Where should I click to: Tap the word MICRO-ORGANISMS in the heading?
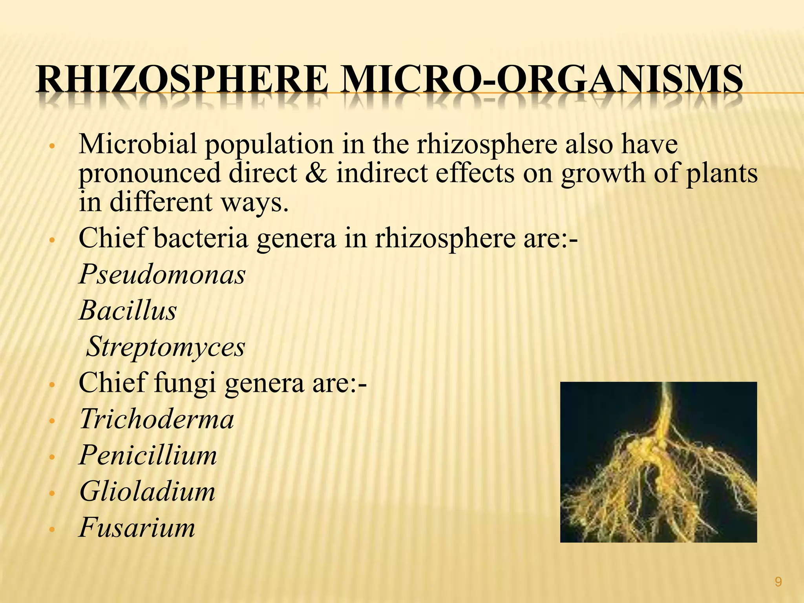pos(541,80)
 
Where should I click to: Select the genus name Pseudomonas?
pos(162,274)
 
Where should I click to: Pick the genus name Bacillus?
pos(128,311)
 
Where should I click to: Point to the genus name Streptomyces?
pos(165,347)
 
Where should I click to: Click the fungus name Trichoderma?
pos(157,419)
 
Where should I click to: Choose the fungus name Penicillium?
pos(148,455)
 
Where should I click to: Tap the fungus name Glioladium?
pos(147,492)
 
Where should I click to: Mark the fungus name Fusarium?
pos(137,528)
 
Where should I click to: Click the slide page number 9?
pos(778,582)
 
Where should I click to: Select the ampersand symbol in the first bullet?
pos(316,173)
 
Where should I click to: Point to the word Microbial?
pos(137,144)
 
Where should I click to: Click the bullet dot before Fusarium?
pos(51,530)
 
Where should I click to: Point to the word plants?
pos(722,173)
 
